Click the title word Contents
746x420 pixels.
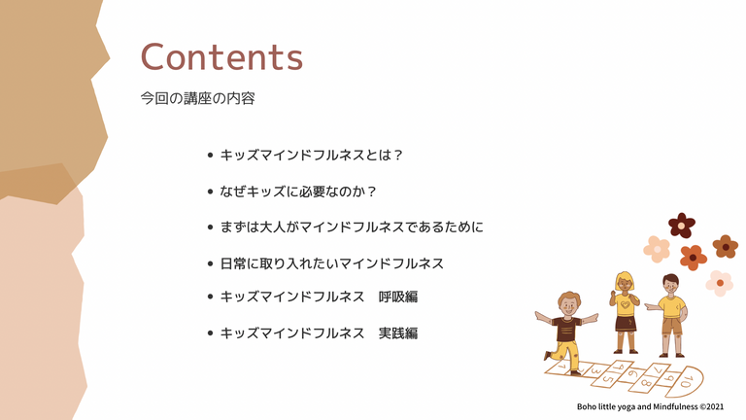click(221, 57)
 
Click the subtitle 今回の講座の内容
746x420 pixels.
click(197, 98)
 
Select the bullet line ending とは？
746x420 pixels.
click(312, 156)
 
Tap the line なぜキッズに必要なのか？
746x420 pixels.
click(298, 192)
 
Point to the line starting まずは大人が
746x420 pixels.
click(352, 227)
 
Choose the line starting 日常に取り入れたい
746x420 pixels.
click(331, 263)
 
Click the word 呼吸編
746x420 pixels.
click(398, 297)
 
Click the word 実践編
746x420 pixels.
click(398, 332)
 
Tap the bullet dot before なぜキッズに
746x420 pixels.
click(210, 192)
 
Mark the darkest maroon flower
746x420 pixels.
click(682, 226)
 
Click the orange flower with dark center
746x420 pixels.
click(694, 258)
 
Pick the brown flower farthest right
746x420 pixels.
click(725, 247)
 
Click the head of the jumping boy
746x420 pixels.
click(568, 303)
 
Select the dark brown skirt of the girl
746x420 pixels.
click(626, 324)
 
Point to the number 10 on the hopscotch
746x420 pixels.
click(686, 381)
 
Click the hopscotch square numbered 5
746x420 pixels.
click(607, 377)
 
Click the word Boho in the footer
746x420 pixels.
click(585, 406)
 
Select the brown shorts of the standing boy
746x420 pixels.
click(672, 327)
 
